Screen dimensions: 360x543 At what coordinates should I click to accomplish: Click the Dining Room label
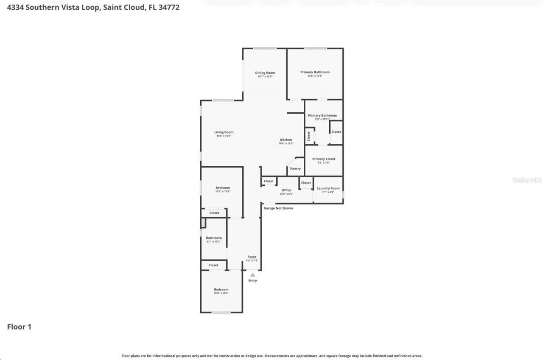[265, 73]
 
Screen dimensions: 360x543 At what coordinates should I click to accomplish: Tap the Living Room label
[224, 132]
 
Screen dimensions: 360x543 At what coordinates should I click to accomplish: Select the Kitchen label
[285, 140]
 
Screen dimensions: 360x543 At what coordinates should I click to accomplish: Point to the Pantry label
[295, 169]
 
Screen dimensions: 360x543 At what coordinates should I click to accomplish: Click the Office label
[286, 190]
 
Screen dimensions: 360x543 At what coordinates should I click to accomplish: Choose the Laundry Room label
[328, 188]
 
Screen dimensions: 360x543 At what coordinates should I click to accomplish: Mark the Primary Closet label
[324, 159]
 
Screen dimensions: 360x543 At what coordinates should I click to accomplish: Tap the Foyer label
[252, 257]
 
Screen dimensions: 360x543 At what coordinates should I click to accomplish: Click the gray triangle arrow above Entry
[252, 275]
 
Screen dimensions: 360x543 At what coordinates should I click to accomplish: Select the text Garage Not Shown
[278, 208]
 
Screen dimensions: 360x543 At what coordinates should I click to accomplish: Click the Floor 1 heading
[19, 327]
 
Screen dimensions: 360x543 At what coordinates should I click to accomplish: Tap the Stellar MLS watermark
[527, 180]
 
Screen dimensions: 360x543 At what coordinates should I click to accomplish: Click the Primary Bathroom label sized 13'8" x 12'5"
[315, 72]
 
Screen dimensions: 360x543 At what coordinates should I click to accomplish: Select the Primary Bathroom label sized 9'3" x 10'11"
[322, 116]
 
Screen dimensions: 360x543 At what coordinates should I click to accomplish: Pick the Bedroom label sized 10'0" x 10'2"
[221, 290]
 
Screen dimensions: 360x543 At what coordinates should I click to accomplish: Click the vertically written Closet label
[309, 137]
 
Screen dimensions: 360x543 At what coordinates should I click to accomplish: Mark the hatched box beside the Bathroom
[203, 223]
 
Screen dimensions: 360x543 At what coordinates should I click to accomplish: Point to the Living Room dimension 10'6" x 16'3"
[224, 136]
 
